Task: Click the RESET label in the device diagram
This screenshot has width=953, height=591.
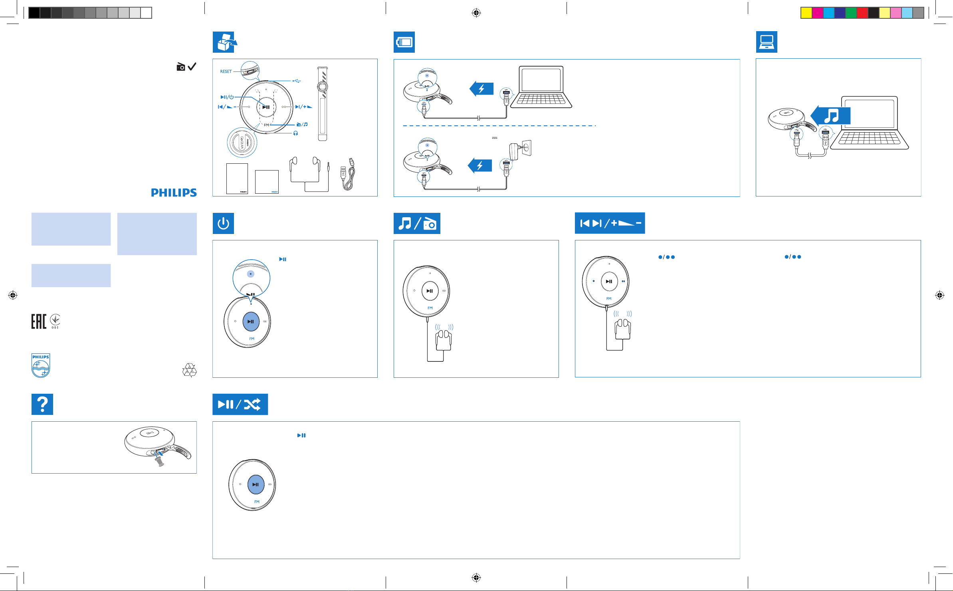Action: [226, 71]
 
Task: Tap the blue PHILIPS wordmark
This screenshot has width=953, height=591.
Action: [174, 192]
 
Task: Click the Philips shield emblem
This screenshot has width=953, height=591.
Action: [41, 365]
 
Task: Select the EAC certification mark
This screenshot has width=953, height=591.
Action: [39, 321]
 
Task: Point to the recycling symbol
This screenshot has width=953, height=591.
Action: [189, 370]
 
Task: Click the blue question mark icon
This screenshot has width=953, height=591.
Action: [42, 404]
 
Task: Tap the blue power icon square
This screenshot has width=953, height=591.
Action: [223, 223]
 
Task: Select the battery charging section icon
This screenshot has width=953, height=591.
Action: [404, 42]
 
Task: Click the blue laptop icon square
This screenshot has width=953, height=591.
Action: [767, 42]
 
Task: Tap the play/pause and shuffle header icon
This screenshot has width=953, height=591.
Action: [240, 404]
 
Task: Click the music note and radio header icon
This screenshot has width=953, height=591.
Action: [417, 223]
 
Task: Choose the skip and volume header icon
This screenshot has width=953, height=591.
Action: [610, 223]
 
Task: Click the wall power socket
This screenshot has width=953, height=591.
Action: [527, 148]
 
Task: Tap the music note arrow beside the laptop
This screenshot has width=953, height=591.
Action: [831, 116]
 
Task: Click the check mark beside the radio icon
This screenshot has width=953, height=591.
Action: [192, 67]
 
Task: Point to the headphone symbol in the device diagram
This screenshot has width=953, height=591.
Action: [295, 133]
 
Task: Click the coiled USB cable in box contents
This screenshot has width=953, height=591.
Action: [347, 174]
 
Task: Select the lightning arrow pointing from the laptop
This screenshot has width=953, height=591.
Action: [481, 89]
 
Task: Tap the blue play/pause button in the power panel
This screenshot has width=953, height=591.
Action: [251, 321]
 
